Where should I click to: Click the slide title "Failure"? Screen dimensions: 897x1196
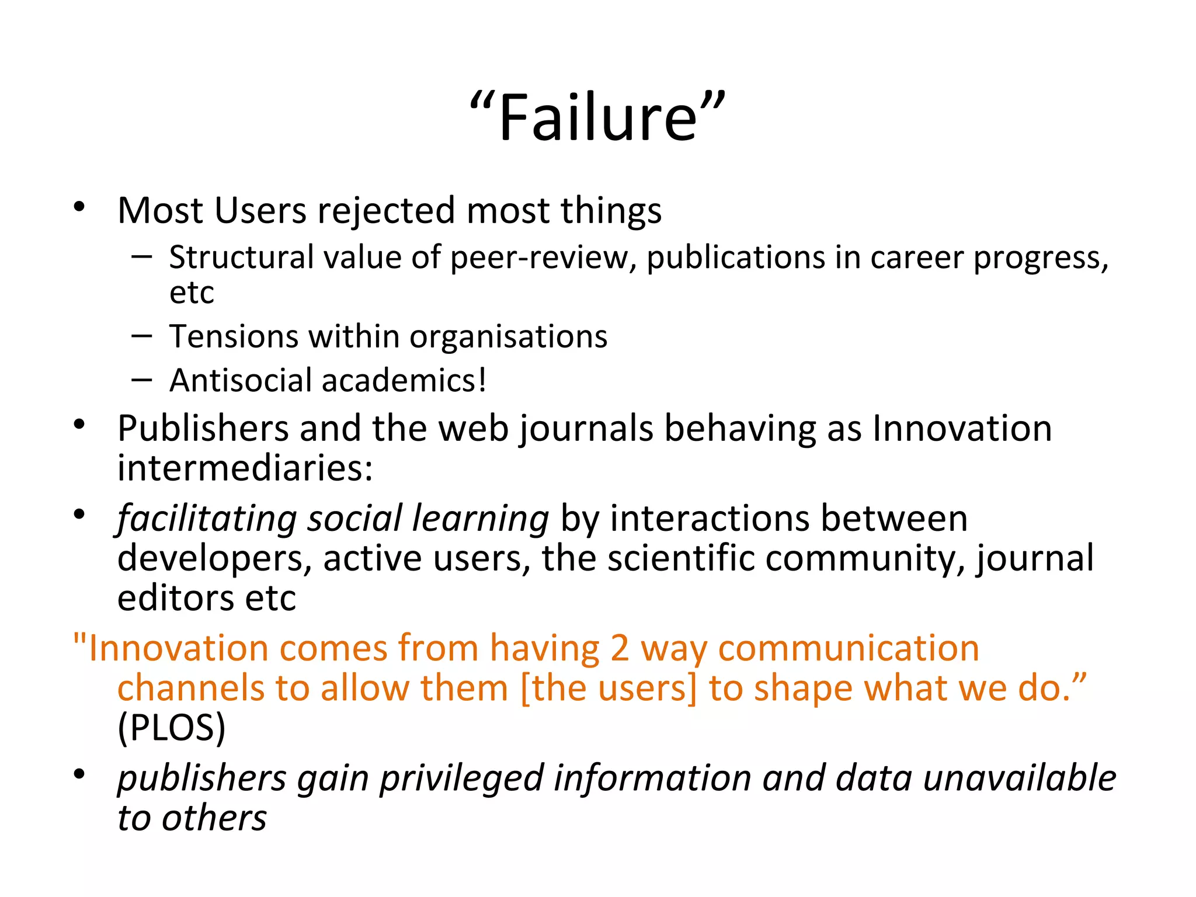tap(597, 119)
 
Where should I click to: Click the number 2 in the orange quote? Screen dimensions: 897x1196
tap(620, 649)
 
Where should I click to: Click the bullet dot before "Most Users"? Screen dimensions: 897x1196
tap(79, 207)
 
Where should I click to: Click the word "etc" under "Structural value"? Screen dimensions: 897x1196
tap(192, 293)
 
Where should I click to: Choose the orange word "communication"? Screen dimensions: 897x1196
tap(849, 649)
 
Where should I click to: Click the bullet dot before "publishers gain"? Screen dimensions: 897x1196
tap(79, 775)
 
